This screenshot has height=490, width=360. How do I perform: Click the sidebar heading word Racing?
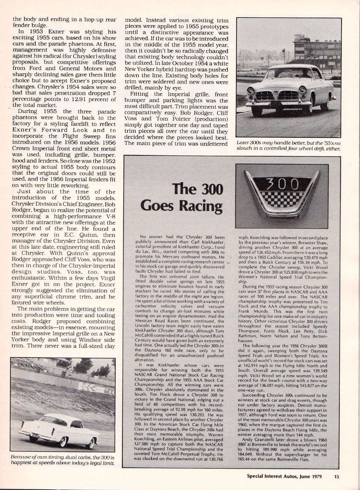[x=200, y=206]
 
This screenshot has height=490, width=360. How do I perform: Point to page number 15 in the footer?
[x=337, y=477]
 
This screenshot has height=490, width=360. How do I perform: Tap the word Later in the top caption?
[x=243, y=143]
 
